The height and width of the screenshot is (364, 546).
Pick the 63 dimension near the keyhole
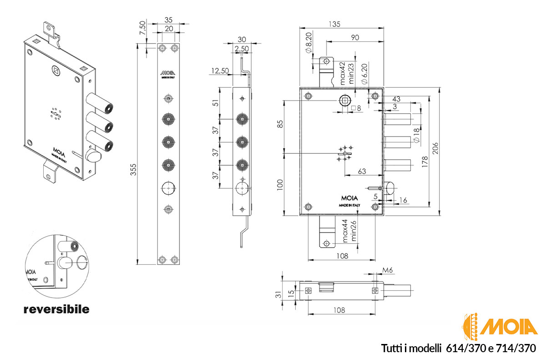click(x=362, y=171)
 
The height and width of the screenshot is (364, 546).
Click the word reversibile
click(x=56, y=310)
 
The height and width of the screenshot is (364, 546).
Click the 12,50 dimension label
click(x=220, y=71)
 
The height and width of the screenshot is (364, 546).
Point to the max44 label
click(x=344, y=231)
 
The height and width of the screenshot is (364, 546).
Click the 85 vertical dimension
click(x=280, y=124)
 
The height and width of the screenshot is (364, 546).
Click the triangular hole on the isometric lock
click(x=55, y=71)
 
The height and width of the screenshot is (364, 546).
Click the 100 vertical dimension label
click(x=280, y=185)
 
